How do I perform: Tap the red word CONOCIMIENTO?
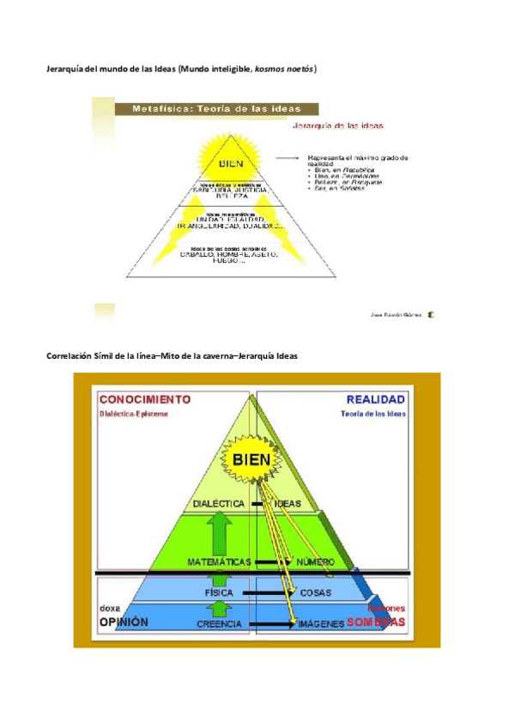(145, 398)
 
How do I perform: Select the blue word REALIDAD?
(377, 398)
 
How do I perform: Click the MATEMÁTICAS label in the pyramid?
(218, 562)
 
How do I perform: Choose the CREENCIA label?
(219, 624)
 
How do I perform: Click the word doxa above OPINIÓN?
(111, 607)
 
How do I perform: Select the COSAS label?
(316, 592)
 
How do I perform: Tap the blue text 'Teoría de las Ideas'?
(373, 414)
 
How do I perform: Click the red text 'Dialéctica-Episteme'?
(135, 414)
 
